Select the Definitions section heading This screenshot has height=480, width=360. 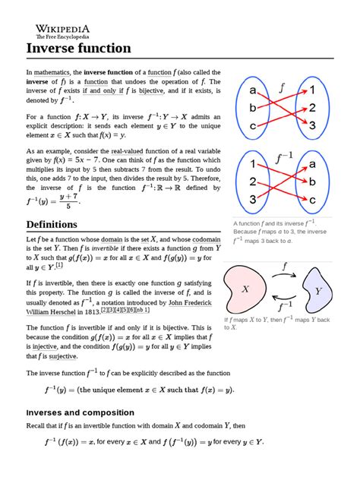point(58,225)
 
